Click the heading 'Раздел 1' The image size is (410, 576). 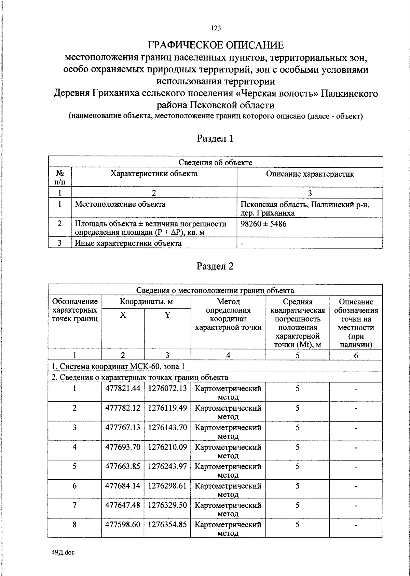pos(215,138)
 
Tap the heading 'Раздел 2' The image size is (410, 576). pos(215,266)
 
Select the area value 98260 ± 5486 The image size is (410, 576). pos(263,224)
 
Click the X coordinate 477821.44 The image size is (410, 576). pos(123,388)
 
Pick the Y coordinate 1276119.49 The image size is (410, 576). pos(167,408)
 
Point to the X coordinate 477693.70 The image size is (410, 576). pos(123,447)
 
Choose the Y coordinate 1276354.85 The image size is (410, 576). pos(167,524)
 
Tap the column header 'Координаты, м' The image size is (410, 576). pos(146,302)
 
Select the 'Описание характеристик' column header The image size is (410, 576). pos(310,174)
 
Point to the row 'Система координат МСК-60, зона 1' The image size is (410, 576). pos(118,367)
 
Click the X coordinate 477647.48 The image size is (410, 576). pos(123,505)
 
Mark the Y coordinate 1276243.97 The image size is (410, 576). pos(167,466)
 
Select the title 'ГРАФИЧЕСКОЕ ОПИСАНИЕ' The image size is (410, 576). pos(215,45)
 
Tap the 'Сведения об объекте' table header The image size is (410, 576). pos(215,163)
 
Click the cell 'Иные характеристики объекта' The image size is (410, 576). pos(128,243)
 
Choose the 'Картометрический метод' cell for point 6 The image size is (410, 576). pos(228,490)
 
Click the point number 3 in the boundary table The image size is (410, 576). pos(74,427)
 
